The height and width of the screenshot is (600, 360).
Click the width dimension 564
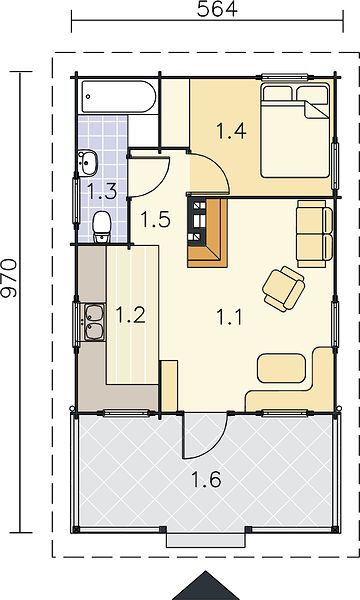(217, 9)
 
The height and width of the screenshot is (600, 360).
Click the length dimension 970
(9, 278)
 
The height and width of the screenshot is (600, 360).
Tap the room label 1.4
(231, 131)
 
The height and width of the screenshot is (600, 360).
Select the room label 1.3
(102, 191)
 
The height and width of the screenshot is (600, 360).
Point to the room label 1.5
(155, 220)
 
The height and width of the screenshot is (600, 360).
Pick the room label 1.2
(130, 315)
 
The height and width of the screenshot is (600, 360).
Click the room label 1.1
(230, 317)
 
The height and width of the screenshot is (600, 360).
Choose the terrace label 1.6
(206, 479)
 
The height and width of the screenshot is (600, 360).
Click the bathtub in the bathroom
(119, 97)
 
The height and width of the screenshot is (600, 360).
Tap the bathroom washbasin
(87, 163)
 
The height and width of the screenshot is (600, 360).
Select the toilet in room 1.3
(102, 228)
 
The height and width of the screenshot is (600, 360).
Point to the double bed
(295, 131)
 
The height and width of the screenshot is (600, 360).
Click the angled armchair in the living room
(283, 289)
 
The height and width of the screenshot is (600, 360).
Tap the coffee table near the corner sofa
(282, 368)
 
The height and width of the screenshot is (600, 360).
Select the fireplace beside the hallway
(207, 232)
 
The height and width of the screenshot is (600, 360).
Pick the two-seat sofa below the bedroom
(314, 234)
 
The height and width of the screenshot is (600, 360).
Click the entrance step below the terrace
(205, 541)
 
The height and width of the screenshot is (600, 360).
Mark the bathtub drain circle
(88, 97)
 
